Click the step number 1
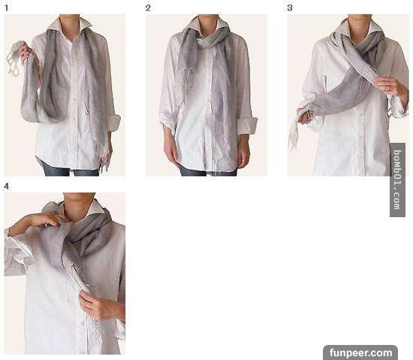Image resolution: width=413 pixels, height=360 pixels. (x=6, y=8)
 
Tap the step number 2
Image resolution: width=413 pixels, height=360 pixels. (x=148, y=8)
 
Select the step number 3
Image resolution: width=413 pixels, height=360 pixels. (x=290, y=8)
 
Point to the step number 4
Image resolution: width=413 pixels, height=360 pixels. (x=6, y=186)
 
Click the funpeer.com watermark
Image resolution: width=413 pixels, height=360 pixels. (x=360, y=352)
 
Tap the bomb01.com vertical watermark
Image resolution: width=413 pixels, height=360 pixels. (x=397, y=180)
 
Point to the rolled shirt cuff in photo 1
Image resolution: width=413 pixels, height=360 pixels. (x=114, y=123)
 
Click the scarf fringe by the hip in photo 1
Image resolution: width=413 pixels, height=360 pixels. (x=104, y=160)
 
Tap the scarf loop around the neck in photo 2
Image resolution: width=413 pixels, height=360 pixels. (x=208, y=40)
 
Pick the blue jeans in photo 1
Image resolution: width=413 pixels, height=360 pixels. (x=71, y=170)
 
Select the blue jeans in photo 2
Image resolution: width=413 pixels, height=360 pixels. (x=208, y=171)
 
